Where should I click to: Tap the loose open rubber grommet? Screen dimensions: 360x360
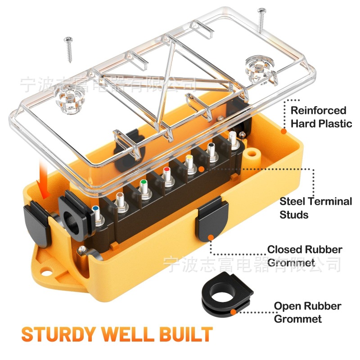225,295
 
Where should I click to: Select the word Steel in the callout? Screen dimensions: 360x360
293,201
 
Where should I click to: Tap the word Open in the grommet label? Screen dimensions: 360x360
287,306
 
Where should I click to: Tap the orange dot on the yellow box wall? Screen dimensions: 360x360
283,131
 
